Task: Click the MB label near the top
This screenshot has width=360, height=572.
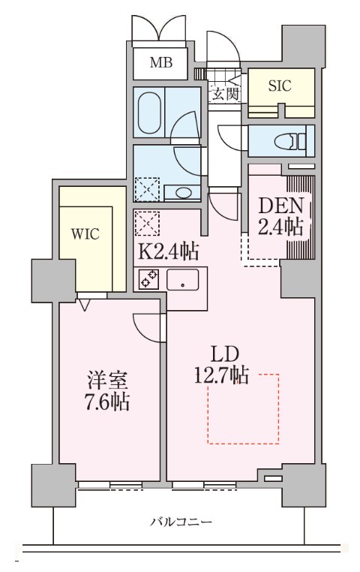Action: point(159,63)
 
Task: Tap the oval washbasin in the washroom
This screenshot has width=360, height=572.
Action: point(184,192)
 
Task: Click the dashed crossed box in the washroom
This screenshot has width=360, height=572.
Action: point(146,189)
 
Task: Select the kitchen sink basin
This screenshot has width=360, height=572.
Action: point(183,281)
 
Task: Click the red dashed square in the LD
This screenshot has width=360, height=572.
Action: point(243,409)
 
